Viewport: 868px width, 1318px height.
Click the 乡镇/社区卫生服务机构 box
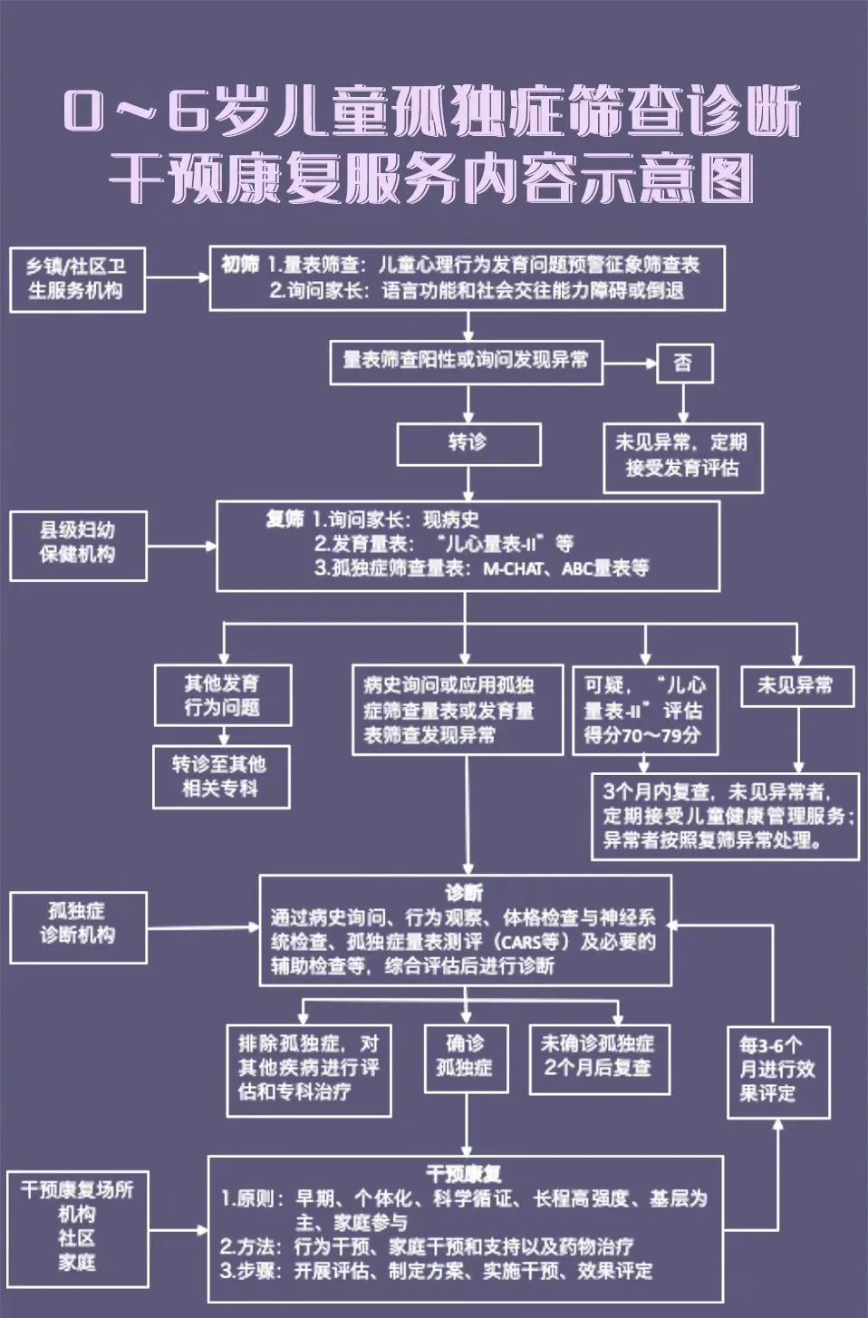77,279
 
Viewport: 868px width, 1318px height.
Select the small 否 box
684,363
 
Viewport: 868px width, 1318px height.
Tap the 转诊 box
468,443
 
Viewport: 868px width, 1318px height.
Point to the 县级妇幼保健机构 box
78,545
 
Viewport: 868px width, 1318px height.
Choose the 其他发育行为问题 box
222,695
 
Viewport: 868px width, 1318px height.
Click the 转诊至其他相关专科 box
221,777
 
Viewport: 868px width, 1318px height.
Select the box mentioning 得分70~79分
644,711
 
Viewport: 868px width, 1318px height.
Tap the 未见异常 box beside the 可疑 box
796,686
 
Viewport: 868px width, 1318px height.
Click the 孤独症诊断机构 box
78,926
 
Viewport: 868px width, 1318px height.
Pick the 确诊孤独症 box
465,1057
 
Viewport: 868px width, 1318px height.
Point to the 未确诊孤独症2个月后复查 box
599,1057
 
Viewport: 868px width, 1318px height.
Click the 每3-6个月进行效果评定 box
778,1071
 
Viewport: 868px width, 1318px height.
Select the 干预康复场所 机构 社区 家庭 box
77,1228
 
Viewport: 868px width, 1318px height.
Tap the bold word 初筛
240,265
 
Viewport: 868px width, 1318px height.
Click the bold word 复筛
285,519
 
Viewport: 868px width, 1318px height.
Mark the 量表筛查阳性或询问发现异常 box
466,362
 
